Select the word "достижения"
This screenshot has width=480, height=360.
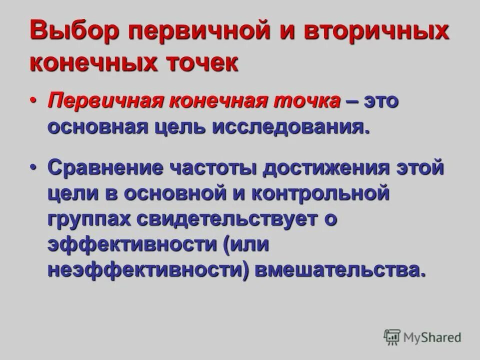coord(326,167)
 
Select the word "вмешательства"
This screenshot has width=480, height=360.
coord(342,270)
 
